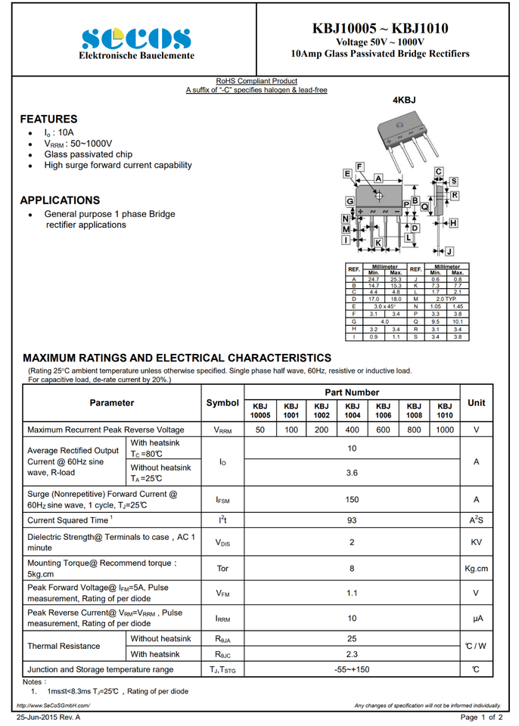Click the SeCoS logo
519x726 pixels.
tap(136, 39)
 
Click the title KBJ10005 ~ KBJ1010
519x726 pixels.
tap(380, 29)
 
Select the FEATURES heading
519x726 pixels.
tap(48, 119)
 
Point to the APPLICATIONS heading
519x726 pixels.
tap(60, 200)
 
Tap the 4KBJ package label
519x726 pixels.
tap(404, 100)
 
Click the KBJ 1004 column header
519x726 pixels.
tap(353, 410)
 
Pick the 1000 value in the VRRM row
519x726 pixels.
tap(445, 429)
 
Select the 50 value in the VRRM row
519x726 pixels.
tap(260, 429)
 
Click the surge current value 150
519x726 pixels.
tap(352, 499)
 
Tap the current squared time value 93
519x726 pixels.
tap(352, 520)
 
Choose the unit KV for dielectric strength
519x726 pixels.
tap(477, 542)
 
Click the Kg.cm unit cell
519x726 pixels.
tap(477, 568)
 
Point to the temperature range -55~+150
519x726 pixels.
tap(352, 669)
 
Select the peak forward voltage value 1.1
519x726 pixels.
tap(352, 593)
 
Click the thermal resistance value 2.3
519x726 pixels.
tap(352, 654)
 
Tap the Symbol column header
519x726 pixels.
tap(222, 403)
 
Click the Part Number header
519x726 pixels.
tap(352, 392)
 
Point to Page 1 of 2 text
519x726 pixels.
tap(481, 717)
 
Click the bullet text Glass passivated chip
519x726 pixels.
tap(88, 154)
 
